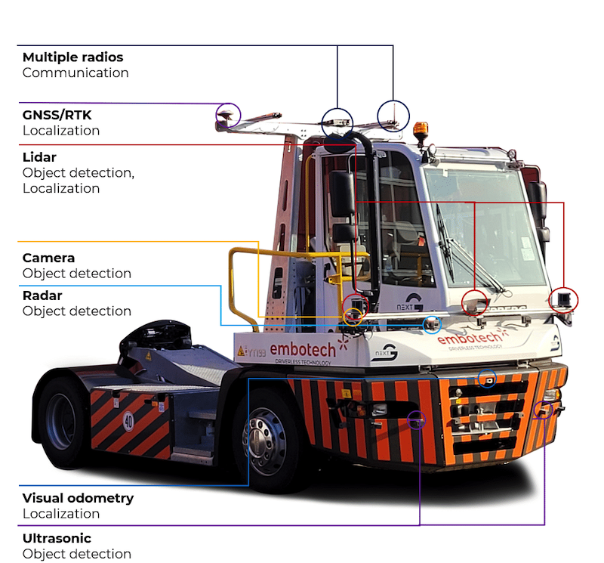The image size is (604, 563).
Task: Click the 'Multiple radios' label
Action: (72, 57)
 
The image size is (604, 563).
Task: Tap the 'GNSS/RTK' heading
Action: (57, 115)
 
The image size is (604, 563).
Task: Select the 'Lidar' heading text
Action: (39, 157)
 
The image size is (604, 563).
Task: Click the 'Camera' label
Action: (48, 258)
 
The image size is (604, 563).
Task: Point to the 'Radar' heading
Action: (42, 295)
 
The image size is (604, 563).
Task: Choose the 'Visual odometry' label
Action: (78, 498)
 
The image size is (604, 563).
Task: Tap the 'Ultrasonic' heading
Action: (57, 539)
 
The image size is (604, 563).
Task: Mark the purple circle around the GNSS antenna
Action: (227, 115)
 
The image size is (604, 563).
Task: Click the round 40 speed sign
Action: (128, 421)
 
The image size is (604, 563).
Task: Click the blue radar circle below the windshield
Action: (431, 325)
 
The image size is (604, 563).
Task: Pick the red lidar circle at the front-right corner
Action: (563, 299)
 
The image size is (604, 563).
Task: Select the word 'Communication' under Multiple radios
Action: (75, 73)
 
